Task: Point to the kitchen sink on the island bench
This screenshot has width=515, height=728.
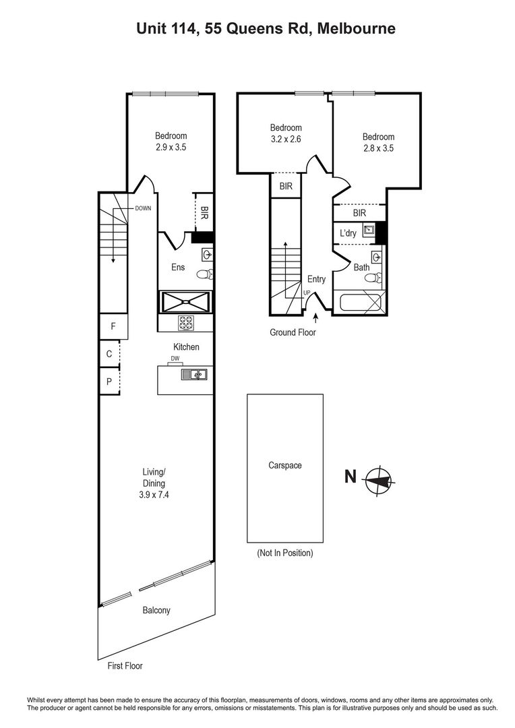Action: (x=194, y=375)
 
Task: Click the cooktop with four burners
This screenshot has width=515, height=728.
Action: (x=186, y=323)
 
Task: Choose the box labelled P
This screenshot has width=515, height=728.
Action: (x=109, y=381)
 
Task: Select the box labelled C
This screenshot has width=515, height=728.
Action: (x=109, y=353)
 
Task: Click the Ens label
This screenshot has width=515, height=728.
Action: (x=177, y=268)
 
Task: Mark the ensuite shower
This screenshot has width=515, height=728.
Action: (x=185, y=302)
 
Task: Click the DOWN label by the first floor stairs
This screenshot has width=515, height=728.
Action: (x=143, y=208)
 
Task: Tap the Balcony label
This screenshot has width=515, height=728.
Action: (x=156, y=611)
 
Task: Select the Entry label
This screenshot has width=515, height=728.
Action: (x=316, y=280)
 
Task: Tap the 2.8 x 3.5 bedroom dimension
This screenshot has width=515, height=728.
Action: (x=378, y=148)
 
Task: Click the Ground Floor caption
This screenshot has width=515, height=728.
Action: (x=293, y=332)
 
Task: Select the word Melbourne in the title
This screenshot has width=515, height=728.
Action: (x=357, y=28)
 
